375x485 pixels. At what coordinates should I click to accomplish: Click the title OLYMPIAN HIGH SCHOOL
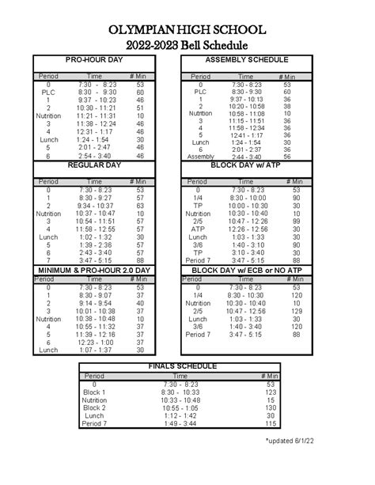click(187, 28)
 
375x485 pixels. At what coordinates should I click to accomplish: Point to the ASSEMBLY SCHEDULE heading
click(246, 60)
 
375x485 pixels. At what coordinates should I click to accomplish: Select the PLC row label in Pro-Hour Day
click(48, 92)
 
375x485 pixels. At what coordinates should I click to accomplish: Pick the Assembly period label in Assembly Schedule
click(201, 157)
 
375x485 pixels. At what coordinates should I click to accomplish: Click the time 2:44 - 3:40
click(248, 157)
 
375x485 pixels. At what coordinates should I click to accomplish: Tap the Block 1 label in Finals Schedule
click(94, 392)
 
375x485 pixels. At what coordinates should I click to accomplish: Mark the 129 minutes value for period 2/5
click(296, 312)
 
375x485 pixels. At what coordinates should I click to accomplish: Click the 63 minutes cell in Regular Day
click(140, 206)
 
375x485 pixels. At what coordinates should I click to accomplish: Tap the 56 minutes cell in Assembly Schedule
click(286, 157)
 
